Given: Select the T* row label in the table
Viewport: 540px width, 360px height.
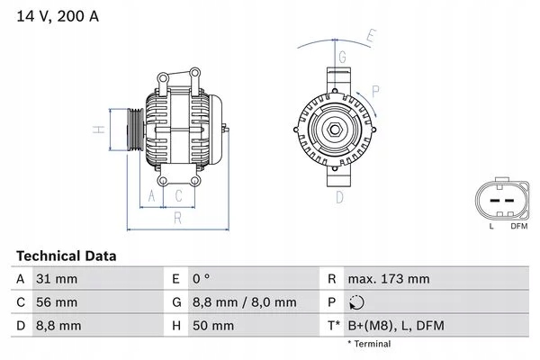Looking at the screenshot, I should coord(334,325).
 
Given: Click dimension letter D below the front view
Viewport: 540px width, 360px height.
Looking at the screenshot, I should coord(340,196).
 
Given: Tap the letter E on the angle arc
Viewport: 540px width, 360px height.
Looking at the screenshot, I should coord(370,36).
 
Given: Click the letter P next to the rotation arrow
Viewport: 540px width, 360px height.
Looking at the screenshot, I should coord(374,91).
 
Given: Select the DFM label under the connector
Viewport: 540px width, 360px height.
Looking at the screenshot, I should coord(519,226).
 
